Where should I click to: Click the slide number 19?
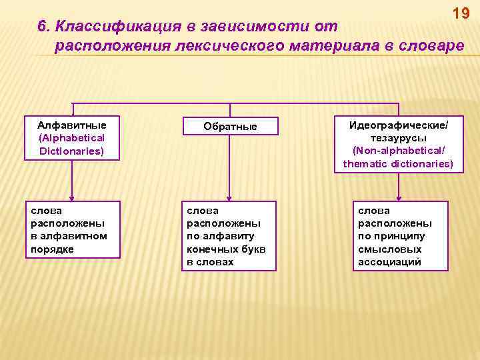[461, 13]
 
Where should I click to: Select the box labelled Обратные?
[230, 126]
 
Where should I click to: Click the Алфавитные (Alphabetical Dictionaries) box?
[71, 138]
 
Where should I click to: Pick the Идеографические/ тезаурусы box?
[398, 145]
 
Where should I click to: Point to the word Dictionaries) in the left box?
[71, 151]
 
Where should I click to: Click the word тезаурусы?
[398, 138]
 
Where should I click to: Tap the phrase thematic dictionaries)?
[398, 163]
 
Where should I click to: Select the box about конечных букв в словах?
[230, 236]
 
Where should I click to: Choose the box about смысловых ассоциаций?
[400, 236]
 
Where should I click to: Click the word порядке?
[52, 249]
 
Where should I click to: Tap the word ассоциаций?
[390, 261]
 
